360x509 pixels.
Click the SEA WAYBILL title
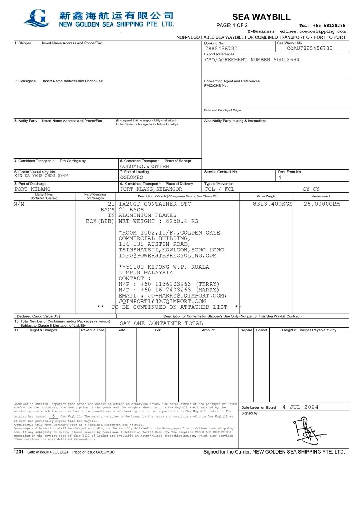[x=261, y=17]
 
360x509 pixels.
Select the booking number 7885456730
[x=221, y=49]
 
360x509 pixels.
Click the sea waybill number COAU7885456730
[x=309, y=48]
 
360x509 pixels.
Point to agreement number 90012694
[x=286, y=60]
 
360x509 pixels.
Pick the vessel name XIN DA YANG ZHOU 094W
[x=41, y=176]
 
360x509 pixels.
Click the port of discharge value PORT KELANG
[x=32, y=189]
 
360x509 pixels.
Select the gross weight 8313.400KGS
[x=273, y=204]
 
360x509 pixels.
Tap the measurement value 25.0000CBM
[x=321, y=204]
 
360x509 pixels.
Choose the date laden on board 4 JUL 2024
[x=300, y=407]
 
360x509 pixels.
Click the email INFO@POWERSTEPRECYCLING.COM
[x=167, y=256]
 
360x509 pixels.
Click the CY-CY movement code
[x=311, y=189]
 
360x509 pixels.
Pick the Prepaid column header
[x=246, y=330]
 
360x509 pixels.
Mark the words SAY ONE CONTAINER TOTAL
[x=161, y=323]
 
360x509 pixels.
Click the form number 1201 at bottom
[x=18, y=452]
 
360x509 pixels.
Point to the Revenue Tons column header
[x=93, y=330]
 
